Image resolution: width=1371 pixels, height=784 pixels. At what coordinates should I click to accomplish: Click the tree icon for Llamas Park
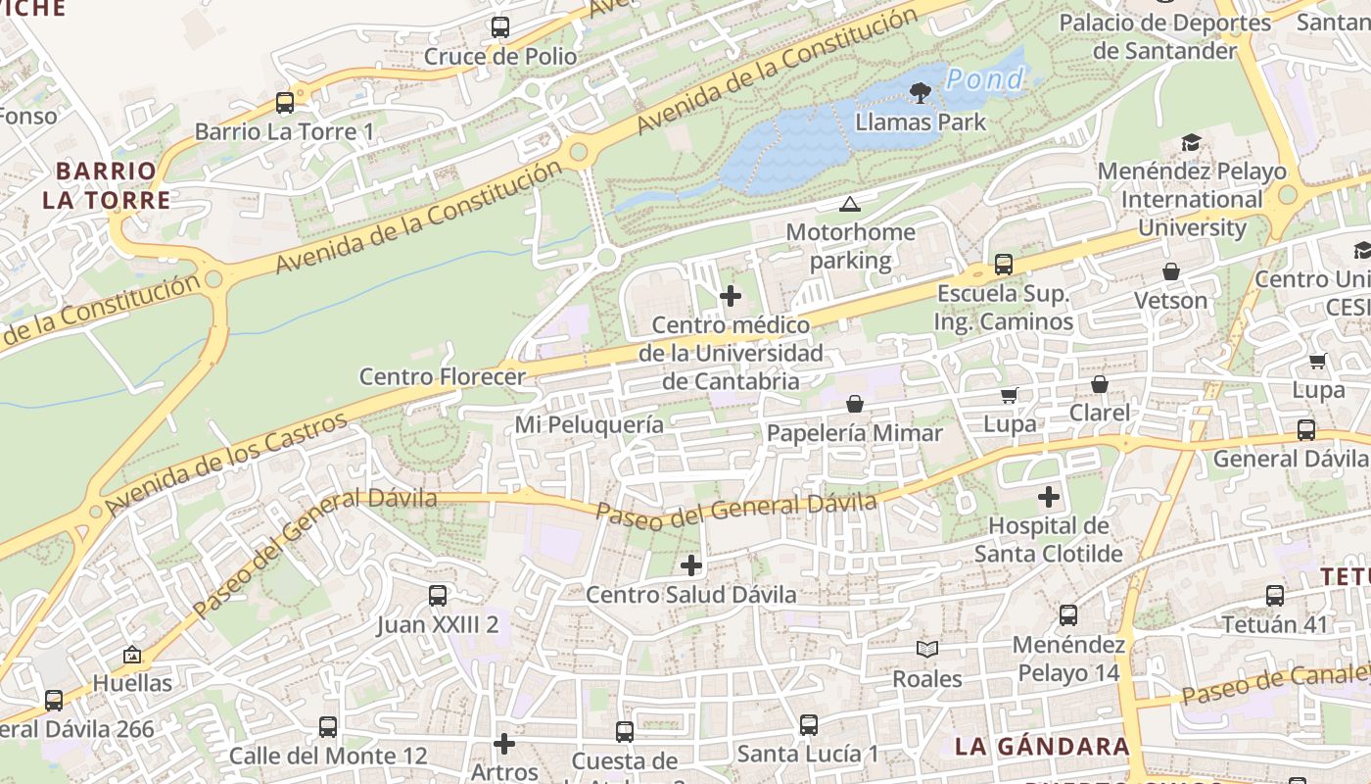(919, 93)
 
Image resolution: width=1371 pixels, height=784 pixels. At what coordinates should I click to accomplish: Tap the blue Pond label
(985, 79)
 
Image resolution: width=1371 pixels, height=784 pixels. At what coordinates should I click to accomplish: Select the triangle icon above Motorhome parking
(849, 204)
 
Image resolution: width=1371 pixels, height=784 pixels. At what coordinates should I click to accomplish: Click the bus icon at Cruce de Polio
(500, 27)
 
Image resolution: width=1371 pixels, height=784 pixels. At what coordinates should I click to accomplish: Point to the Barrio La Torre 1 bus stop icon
(285, 102)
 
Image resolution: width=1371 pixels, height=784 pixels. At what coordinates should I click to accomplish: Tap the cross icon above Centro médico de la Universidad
(730, 295)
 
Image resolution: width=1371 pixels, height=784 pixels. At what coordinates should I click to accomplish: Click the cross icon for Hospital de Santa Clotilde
(1049, 497)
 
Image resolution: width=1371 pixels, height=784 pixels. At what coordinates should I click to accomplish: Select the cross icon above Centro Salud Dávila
(691, 564)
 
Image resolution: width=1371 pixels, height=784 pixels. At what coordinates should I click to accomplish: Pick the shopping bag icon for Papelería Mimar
(855, 404)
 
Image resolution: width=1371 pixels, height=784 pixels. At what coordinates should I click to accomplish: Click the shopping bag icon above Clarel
(1100, 383)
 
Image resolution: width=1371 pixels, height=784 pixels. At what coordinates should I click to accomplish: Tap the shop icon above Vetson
(1171, 271)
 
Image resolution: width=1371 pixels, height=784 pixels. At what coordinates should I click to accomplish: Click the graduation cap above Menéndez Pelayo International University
(1191, 143)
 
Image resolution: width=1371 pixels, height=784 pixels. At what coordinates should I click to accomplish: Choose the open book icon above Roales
(926, 649)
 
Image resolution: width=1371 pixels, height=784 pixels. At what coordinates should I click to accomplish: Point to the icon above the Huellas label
(132, 655)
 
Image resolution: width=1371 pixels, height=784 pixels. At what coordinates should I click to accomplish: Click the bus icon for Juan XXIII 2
(438, 595)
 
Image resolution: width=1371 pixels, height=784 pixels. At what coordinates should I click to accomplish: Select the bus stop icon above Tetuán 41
(1274, 595)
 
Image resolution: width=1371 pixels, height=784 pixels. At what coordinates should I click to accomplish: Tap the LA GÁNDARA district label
(1042, 746)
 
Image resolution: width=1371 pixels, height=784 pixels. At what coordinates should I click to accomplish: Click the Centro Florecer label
(442, 376)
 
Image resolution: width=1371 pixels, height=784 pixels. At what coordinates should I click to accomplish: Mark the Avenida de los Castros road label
(227, 464)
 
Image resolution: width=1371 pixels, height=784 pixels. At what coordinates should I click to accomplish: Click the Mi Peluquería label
(589, 424)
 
